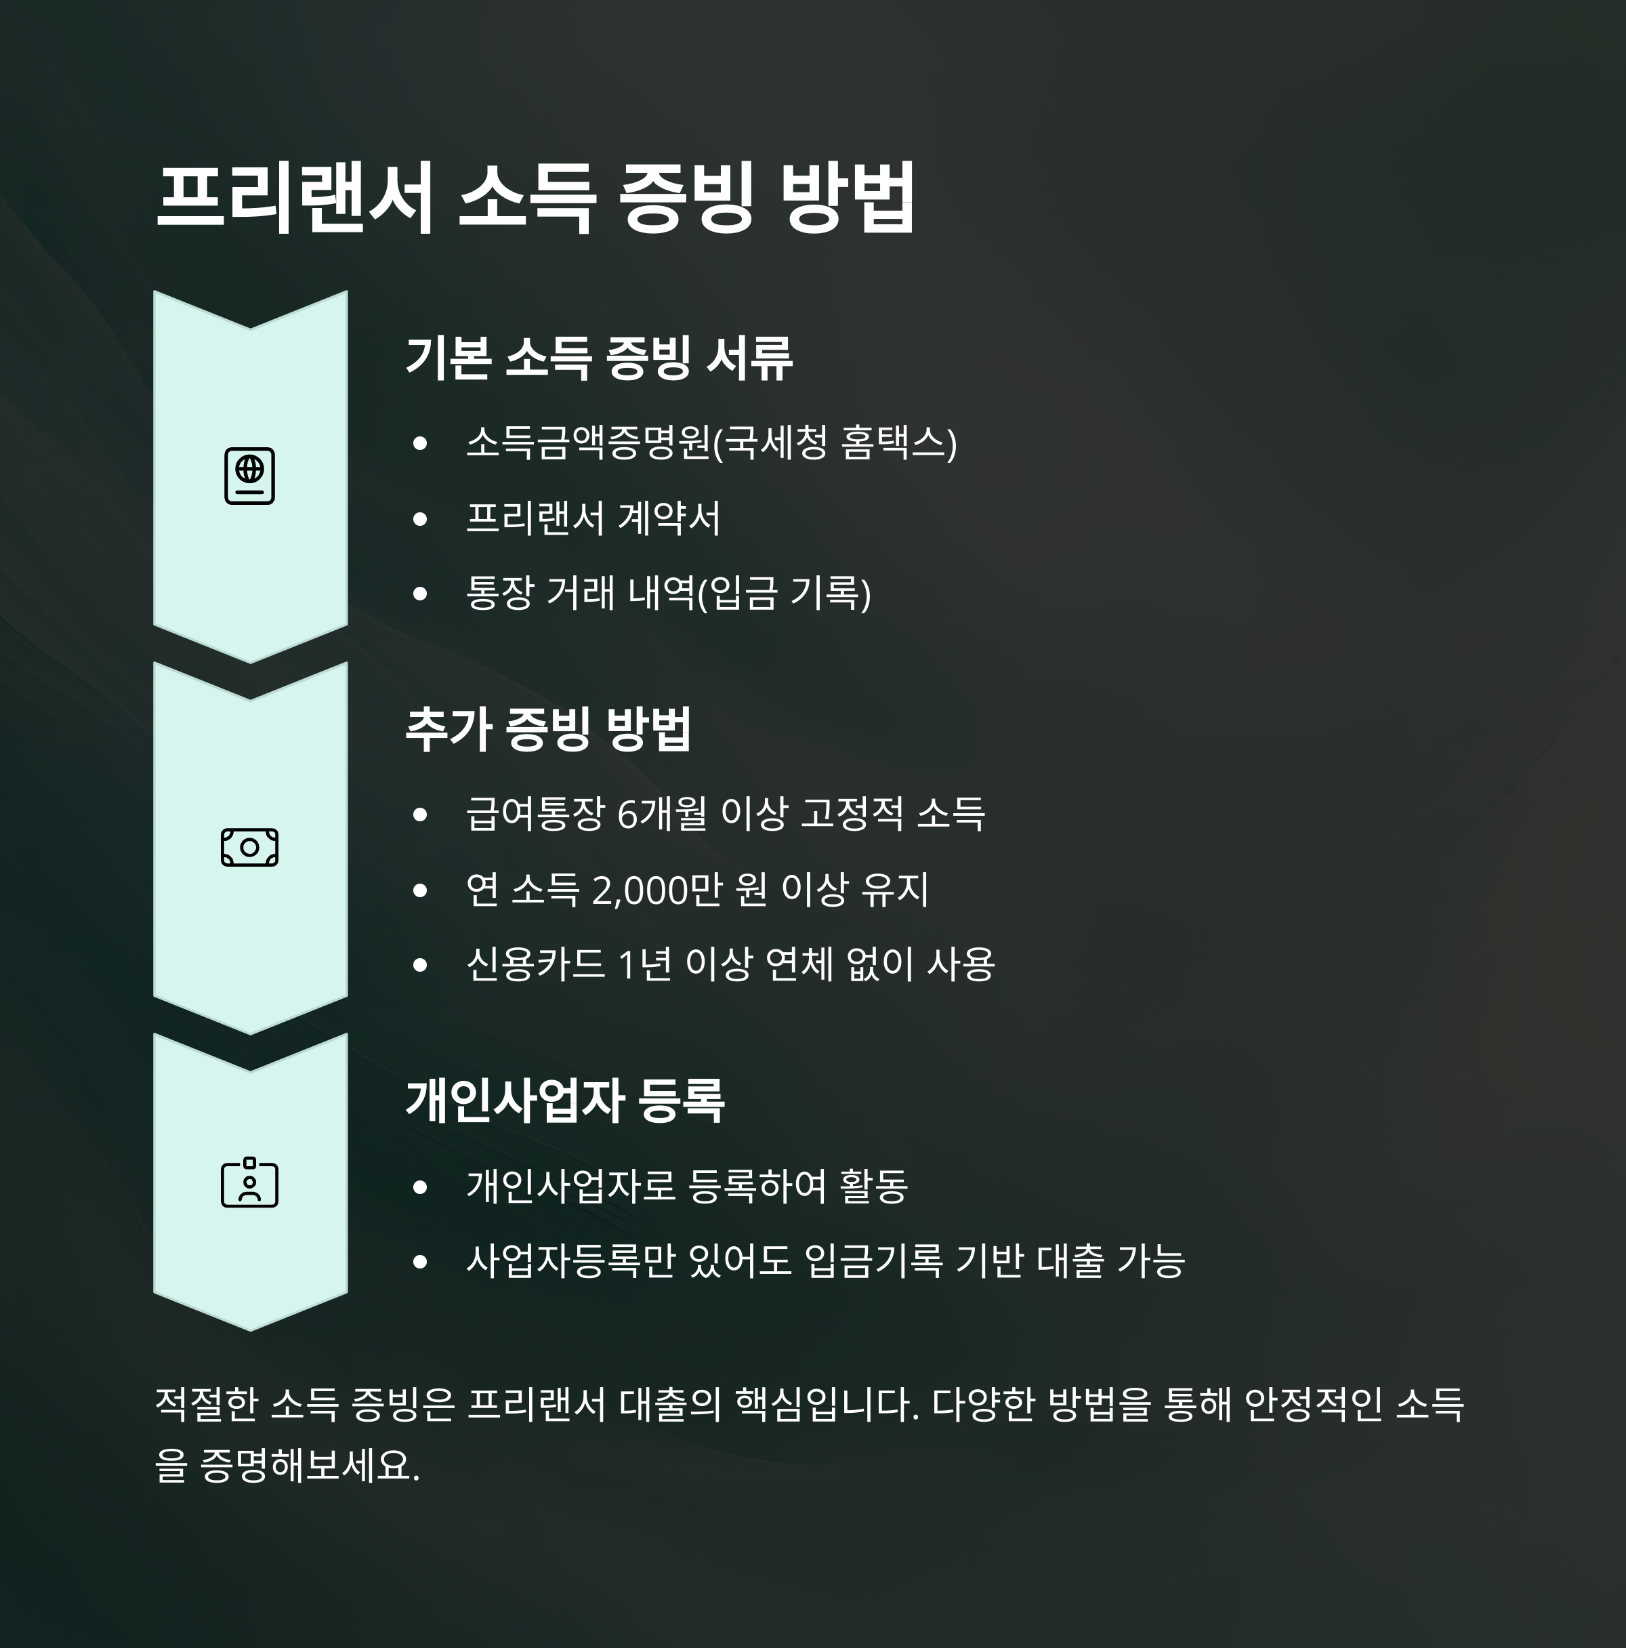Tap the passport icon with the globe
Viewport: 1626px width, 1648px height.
250,475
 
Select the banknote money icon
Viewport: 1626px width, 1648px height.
250,847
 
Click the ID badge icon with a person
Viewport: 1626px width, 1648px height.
250,1182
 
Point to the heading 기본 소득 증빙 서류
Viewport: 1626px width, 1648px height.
598,357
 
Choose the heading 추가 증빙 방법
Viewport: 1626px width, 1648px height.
547,729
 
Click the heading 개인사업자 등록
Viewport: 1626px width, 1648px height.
564,1100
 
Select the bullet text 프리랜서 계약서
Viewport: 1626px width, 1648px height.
593,518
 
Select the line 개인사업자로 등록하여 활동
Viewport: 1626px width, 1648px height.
686,1186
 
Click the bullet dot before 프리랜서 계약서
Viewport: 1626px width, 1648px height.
419,518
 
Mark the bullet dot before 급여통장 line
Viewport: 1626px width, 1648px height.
419,815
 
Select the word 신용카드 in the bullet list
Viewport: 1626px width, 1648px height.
535,965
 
